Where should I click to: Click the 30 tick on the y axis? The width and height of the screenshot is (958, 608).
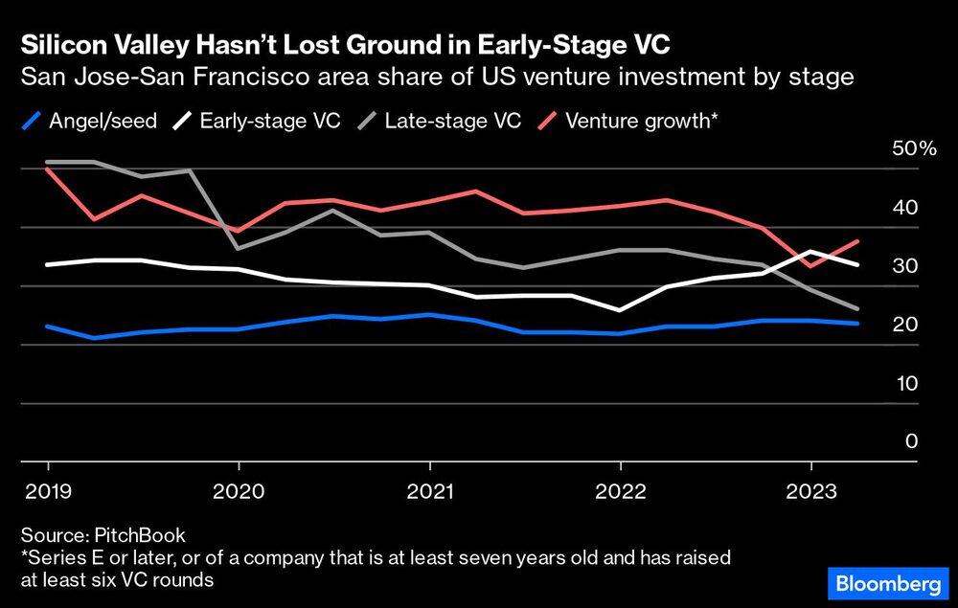(905, 266)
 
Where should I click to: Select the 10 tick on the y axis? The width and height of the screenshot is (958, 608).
(905, 384)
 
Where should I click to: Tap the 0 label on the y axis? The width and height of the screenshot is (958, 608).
(911, 442)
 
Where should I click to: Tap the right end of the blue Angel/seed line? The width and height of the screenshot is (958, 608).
(857, 324)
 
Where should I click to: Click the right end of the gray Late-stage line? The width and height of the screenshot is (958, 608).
(857, 309)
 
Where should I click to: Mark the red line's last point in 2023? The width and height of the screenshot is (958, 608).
(857, 241)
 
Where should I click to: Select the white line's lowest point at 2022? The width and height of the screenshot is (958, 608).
(620, 310)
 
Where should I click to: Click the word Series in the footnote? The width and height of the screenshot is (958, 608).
(53, 557)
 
